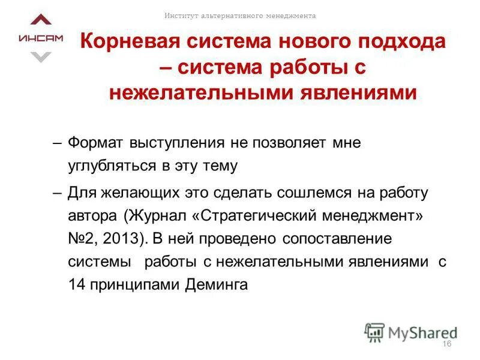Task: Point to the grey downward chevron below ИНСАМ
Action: coord(41,57)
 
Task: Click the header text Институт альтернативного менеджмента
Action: coord(241,16)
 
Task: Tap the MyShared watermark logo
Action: coord(411,332)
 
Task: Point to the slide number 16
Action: coord(446,343)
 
